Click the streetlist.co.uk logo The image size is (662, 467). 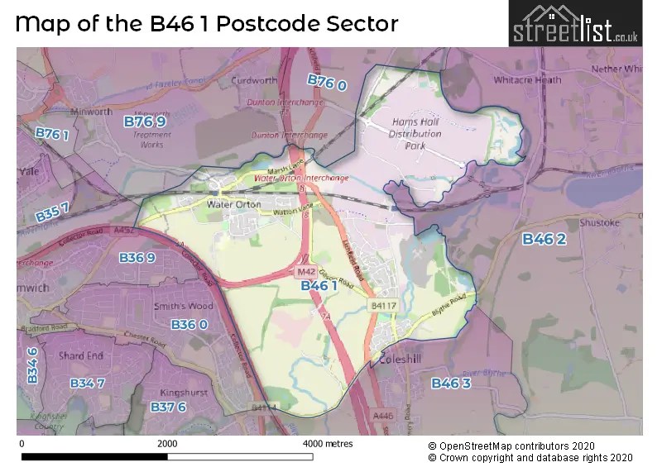(574, 24)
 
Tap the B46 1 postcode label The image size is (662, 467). (319, 285)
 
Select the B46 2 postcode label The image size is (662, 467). (544, 239)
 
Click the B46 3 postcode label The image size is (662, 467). (451, 383)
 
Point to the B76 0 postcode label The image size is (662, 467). (327, 81)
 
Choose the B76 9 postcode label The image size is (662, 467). (146, 122)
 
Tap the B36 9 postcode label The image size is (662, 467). (137, 258)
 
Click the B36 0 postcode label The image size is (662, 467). (189, 325)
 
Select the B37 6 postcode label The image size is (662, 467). (168, 406)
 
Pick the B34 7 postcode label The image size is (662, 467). (87, 383)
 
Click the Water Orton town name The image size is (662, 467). (233, 204)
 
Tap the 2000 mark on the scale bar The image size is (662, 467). (167, 444)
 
